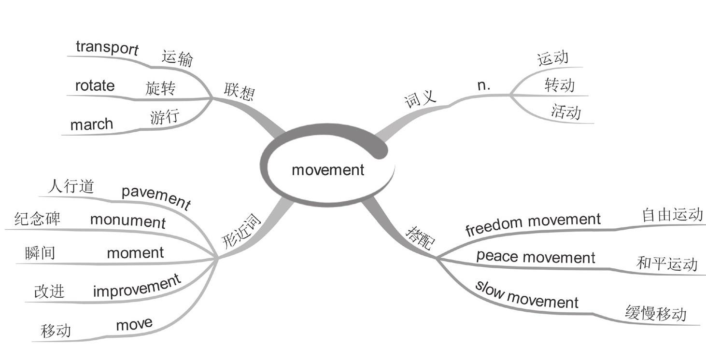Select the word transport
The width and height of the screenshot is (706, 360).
107,48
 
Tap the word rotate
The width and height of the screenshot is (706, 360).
95,86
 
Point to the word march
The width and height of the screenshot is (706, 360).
92,125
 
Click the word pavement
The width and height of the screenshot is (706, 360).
156,196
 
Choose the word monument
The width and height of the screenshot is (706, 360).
128,221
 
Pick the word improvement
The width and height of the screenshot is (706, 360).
137,286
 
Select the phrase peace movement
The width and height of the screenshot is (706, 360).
536,257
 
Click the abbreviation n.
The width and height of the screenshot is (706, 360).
483,85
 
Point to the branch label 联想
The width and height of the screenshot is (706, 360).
239,90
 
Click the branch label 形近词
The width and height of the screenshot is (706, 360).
241,232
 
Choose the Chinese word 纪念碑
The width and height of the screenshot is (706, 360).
38,218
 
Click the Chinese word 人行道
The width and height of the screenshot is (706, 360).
71,186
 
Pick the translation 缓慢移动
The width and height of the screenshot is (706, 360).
655,314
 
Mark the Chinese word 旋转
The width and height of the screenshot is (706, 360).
160,88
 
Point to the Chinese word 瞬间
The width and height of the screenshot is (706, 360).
40,253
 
